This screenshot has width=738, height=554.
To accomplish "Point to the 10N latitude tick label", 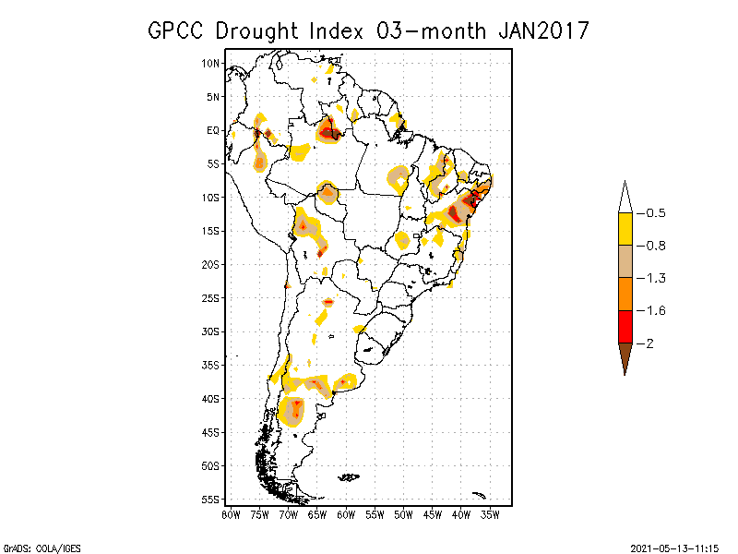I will click(211, 63).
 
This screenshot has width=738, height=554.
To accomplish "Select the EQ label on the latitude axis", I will click(213, 130).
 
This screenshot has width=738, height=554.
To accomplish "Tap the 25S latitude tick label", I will click(211, 297).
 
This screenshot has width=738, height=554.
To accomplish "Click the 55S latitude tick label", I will click(211, 499).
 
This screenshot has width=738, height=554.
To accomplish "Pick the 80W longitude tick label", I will click(231, 514).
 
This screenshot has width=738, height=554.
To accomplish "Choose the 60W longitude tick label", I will click(346, 514).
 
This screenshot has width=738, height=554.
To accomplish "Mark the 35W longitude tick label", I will click(490, 514).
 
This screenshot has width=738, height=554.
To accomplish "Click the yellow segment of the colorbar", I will click(625, 229).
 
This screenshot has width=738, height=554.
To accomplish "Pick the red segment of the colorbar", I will click(625, 326).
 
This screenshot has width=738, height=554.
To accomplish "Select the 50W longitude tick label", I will click(403, 514).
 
